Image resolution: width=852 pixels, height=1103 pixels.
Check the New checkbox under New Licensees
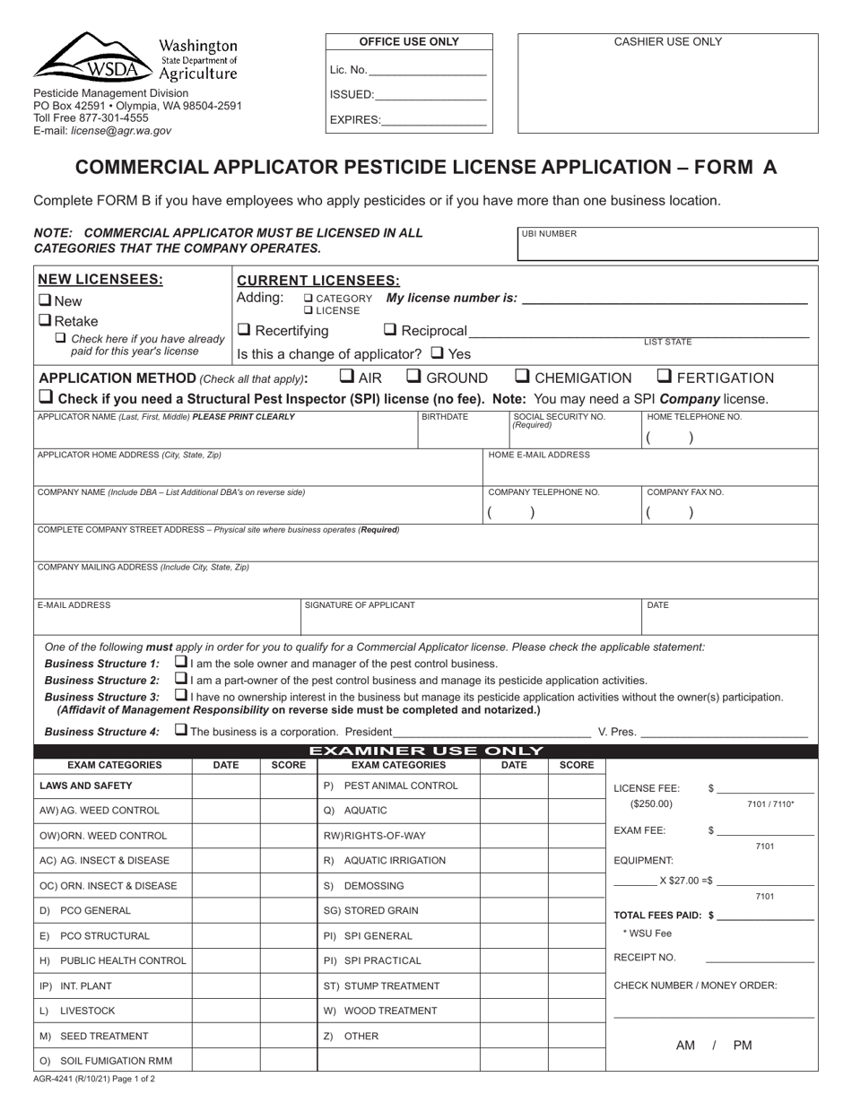point(44,301)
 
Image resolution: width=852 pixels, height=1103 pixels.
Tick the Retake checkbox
point(44,321)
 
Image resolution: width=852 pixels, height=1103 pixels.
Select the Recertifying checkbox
point(244,331)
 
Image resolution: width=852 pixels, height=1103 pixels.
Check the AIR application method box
point(347,377)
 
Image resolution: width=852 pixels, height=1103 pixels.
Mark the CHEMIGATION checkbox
point(523,377)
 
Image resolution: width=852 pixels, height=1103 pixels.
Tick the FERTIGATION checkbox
point(665,377)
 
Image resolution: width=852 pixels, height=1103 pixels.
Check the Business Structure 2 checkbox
point(181,680)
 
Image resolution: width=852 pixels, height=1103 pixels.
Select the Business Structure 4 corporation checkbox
point(181,730)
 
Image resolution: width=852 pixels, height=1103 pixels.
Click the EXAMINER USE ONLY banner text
point(426,751)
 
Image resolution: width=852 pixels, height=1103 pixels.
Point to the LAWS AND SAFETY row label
point(86,786)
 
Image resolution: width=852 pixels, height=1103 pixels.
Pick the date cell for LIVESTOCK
point(227,1011)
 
